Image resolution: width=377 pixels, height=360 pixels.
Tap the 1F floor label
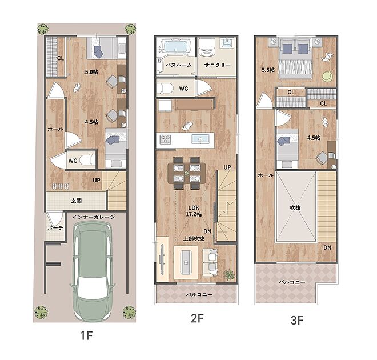pyautogui.click(x=87, y=335)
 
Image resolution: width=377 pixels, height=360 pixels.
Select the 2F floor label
pyautogui.click(x=197, y=319)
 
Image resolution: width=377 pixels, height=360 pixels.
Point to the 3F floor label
pyautogui.click(x=297, y=321)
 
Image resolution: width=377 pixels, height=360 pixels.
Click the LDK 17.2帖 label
pyautogui.click(x=194, y=211)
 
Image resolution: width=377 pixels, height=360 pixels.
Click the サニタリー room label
pyautogui.click(x=218, y=65)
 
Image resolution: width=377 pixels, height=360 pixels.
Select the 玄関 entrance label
pyautogui.click(x=77, y=201)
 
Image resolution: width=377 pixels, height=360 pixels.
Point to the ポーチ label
pyautogui.click(x=55, y=227)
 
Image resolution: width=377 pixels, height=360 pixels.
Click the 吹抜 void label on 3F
pyautogui.click(x=295, y=207)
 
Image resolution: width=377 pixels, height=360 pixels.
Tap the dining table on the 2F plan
pyautogui.click(x=187, y=173)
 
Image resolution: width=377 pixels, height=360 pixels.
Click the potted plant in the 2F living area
pyautogui.click(x=230, y=274)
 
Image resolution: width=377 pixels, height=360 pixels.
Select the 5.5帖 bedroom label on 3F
pyautogui.click(x=268, y=70)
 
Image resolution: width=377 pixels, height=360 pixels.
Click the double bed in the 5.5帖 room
pyautogui.click(x=295, y=58)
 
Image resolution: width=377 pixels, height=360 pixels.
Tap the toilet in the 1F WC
pyautogui.click(x=87, y=160)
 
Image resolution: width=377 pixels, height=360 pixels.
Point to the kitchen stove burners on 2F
pyautogui.click(x=166, y=139)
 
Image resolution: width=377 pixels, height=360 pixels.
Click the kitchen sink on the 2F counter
pyautogui.click(x=200, y=139)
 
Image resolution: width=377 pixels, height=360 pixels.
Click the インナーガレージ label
pyautogui.click(x=94, y=217)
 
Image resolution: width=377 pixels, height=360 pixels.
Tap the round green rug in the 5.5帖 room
pyautogui.click(x=327, y=77)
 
